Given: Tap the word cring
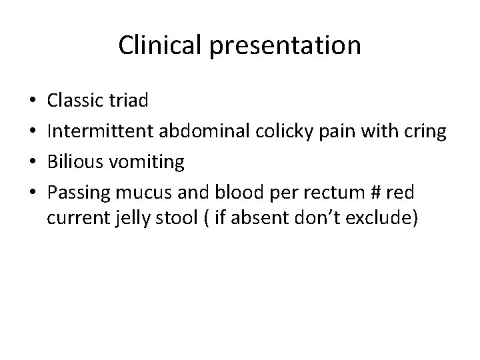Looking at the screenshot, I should [424, 132].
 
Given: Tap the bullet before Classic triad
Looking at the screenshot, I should [33, 101].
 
